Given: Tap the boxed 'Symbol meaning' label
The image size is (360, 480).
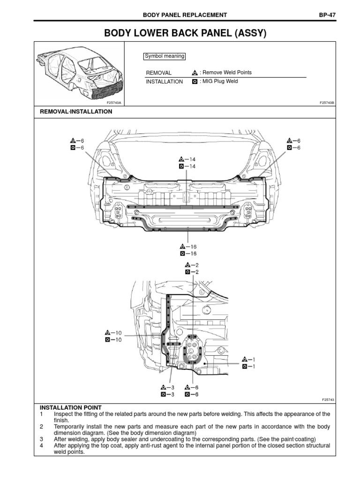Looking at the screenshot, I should point(164,57).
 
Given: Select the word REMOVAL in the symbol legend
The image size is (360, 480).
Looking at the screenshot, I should point(159,73).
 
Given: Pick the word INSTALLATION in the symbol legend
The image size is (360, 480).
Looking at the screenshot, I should point(165,82).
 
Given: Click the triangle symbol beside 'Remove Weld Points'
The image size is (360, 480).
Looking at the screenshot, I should point(195,73).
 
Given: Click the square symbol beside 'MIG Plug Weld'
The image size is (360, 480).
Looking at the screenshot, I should point(195,82).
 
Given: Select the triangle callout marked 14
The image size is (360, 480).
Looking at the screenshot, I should point(181,159).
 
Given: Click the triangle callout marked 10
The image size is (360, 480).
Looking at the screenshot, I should point(108,332).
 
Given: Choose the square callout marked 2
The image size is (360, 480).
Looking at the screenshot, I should point(187,272).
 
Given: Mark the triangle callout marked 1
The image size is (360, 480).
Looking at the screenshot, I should point(245,359).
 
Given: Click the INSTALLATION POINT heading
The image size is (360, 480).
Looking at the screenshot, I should point(70,407).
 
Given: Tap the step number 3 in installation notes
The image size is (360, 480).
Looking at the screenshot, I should point(41,439).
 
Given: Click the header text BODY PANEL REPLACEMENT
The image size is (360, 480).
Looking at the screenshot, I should point(185,15).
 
